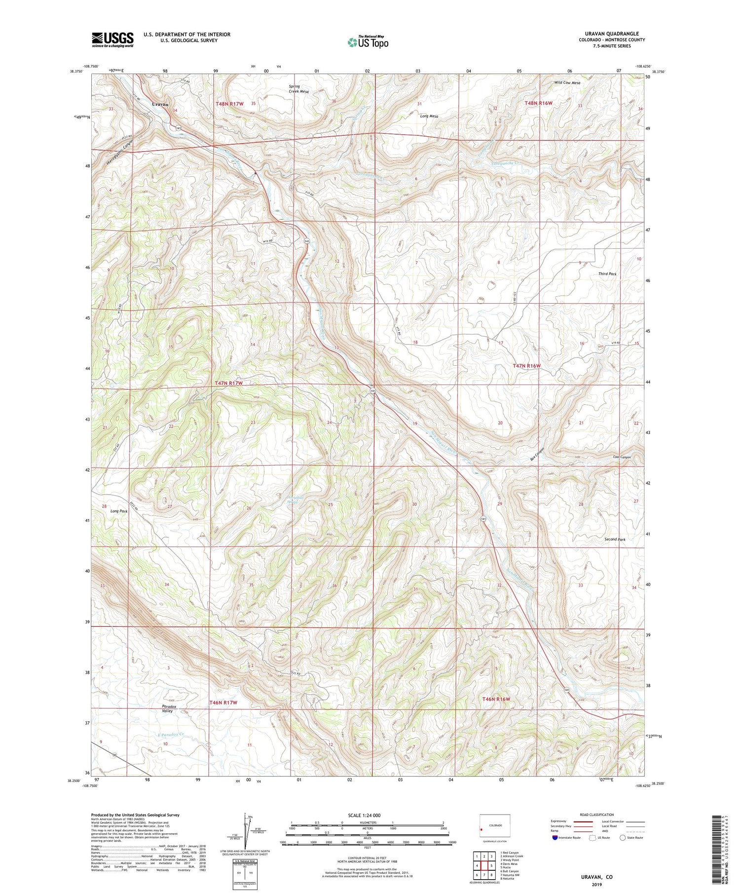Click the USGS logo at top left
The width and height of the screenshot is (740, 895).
[112, 39]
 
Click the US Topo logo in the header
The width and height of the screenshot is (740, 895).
[368, 42]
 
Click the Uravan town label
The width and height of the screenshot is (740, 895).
[160, 105]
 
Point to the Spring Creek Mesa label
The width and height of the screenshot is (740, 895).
[298, 89]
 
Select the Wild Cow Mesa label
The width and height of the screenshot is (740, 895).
[567, 83]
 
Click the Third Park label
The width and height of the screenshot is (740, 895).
[607, 273]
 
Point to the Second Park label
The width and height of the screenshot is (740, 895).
[615, 540]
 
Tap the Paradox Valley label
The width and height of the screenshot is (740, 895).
[168, 709]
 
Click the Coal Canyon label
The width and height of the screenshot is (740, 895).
[622, 457]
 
